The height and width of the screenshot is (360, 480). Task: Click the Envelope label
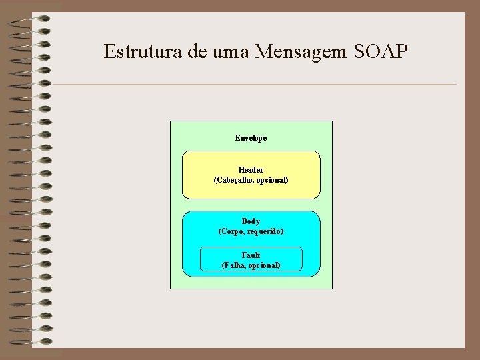click(x=251, y=138)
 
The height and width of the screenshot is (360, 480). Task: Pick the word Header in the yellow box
click(x=251, y=170)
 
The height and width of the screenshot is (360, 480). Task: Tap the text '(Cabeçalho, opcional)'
click(x=251, y=180)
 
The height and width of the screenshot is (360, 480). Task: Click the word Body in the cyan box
click(x=251, y=221)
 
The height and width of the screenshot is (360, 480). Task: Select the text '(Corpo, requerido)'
click(x=251, y=231)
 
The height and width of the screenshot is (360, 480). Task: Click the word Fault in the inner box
click(x=251, y=255)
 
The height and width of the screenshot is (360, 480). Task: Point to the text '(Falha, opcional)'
click(x=251, y=265)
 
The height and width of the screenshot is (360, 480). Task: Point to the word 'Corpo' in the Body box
click(x=232, y=231)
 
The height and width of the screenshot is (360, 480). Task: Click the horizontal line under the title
click(x=253, y=84)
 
